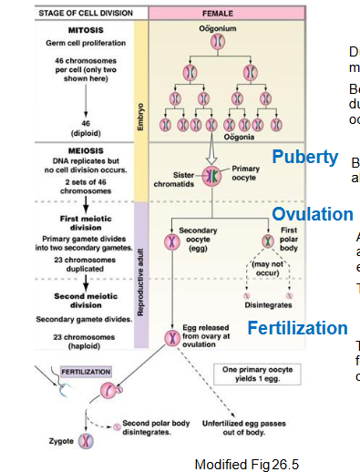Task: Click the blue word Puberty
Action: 305,156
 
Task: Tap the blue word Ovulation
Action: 313,215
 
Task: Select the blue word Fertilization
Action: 298,328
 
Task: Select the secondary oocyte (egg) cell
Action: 170,241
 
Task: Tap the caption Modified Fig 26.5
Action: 247,464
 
